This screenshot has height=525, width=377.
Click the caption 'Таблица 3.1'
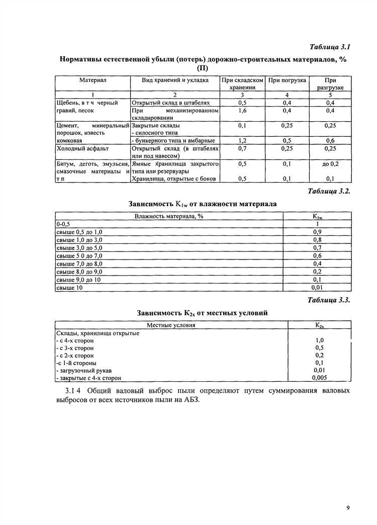pos(329,47)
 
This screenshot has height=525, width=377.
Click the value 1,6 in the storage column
pos(242,110)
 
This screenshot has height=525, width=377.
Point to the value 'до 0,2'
pos(330,164)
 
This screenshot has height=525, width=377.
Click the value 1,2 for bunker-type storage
pos(242,141)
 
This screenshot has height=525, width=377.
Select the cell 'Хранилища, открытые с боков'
pos(173,179)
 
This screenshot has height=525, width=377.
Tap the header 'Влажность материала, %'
pos(169,216)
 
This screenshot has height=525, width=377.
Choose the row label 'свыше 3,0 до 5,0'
pos(79,247)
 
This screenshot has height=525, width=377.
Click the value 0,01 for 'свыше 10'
pos(317,288)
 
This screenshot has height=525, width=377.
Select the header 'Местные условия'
pos(171,325)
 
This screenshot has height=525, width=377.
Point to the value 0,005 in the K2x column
pos(319,378)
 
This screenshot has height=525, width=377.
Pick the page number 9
pos(347,508)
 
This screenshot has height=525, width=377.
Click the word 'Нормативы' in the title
pos(80,59)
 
